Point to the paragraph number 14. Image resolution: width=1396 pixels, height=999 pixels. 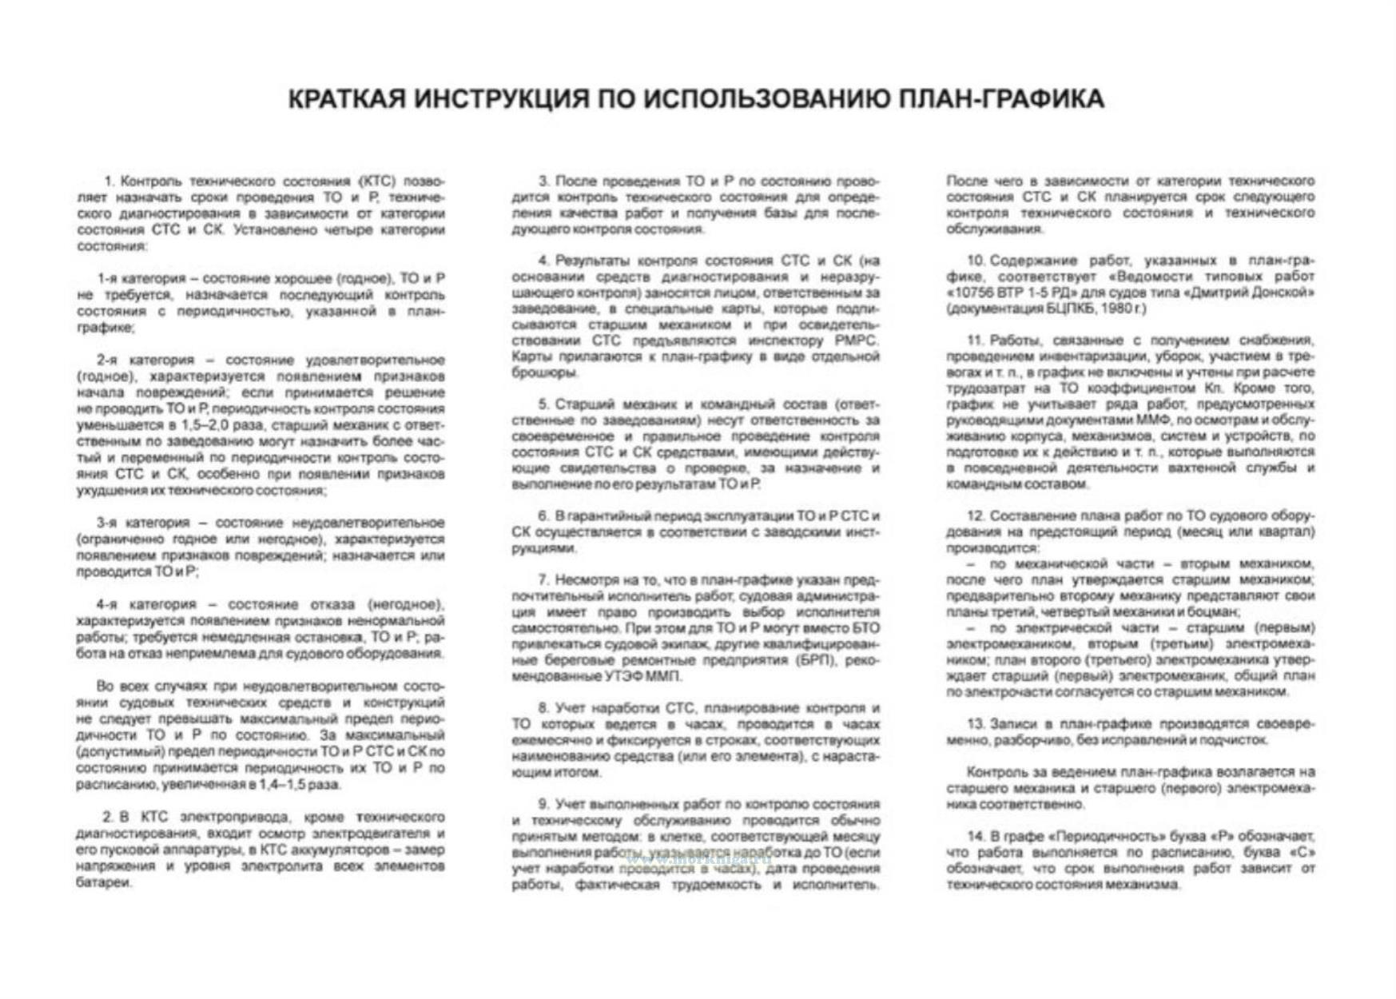tap(976, 836)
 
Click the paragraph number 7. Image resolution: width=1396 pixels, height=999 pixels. tap(543, 579)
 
